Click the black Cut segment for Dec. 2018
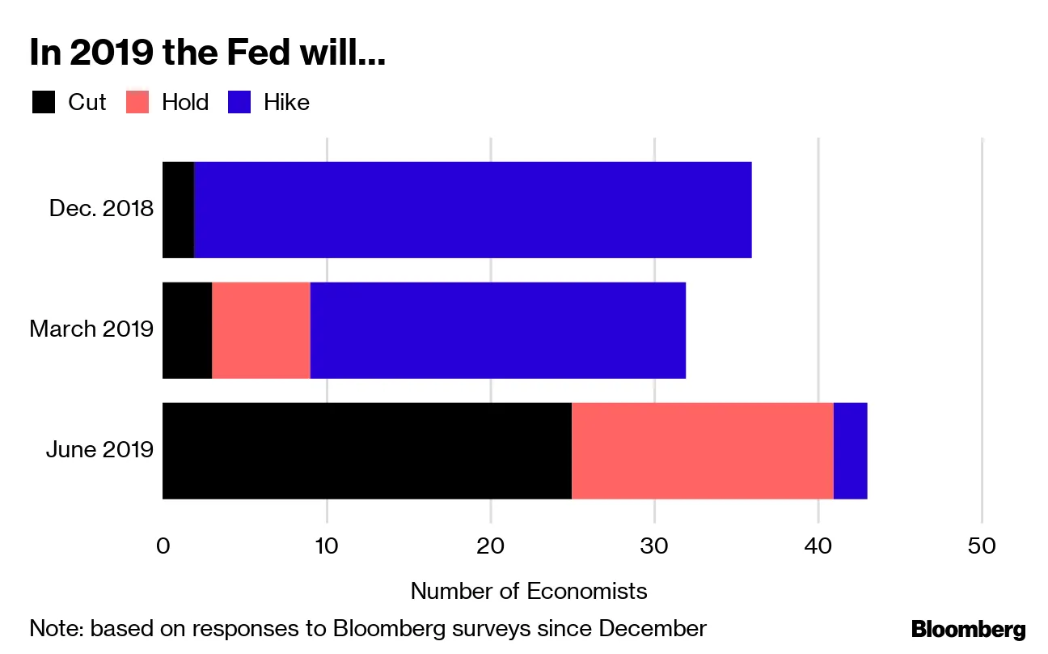pyautogui.click(x=179, y=210)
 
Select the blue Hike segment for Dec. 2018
pyautogui.click(x=473, y=210)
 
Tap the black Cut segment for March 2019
pyautogui.click(x=187, y=330)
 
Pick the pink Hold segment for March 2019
pyautogui.click(x=261, y=330)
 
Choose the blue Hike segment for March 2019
pyautogui.click(x=498, y=330)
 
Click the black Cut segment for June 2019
pyautogui.click(x=367, y=451)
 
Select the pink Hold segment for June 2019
pyautogui.click(x=703, y=451)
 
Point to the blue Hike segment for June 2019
pyautogui.click(x=851, y=451)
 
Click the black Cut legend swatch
pyautogui.click(x=44, y=103)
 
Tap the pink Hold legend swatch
pyautogui.click(x=137, y=103)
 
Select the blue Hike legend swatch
pyautogui.click(x=240, y=103)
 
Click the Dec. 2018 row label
pyautogui.click(x=101, y=209)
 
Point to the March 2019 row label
pyautogui.click(x=91, y=329)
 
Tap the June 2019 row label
pyautogui.click(x=99, y=449)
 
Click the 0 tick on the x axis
pyautogui.click(x=163, y=546)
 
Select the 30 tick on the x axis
pyautogui.click(x=654, y=546)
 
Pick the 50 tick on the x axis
pyautogui.click(x=982, y=546)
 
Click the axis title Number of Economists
pyautogui.click(x=529, y=591)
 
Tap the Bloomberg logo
pyautogui.click(x=968, y=630)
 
